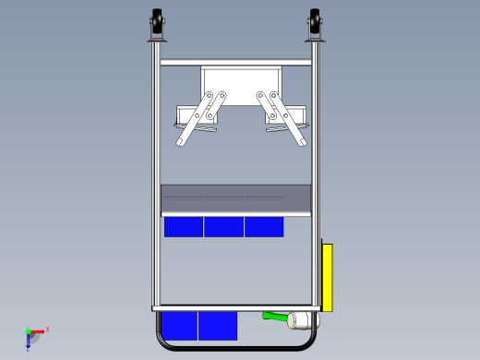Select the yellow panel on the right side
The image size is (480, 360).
tap(327, 277)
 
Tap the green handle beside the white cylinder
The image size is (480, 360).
tap(274, 317)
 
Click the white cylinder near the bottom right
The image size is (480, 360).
tap(300, 320)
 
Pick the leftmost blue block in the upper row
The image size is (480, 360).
tap(184, 227)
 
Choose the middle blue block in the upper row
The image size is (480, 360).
tap(223, 227)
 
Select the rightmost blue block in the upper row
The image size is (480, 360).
tap(264, 227)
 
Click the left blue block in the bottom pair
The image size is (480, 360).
tap(179, 325)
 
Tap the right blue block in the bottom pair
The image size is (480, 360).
tap(218, 325)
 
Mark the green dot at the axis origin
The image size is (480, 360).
tap(28, 331)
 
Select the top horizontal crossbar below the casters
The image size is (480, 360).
tap(235, 63)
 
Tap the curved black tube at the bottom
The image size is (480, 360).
tap(235, 351)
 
